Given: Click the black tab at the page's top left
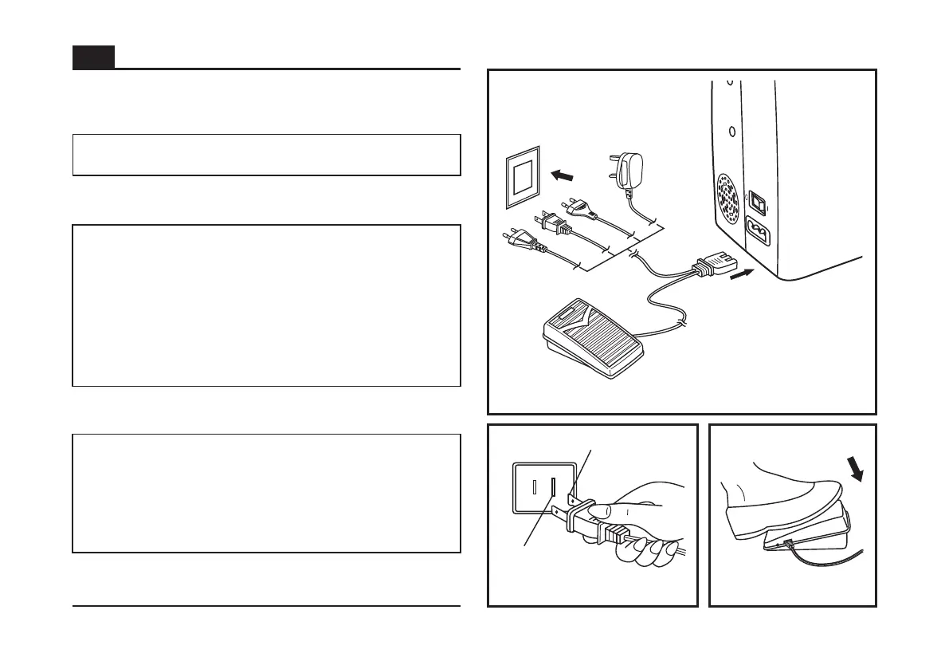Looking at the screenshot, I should [x=93, y=57].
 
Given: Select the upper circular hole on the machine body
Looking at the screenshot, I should [x=730, y=81].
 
